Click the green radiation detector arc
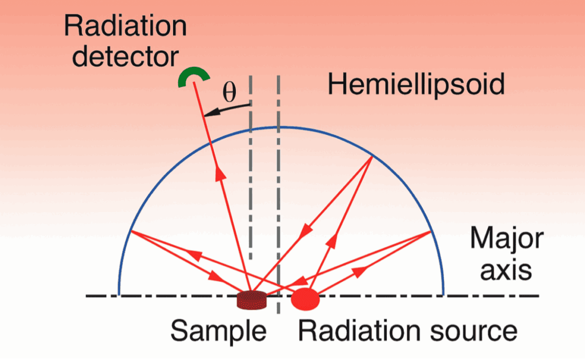pyautogui.click(x=194, y=71)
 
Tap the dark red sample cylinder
pyautogui.click(x=252, y=300)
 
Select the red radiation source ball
pyautogui.click(x=305, y=299)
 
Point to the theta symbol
pyautogui.click(x=230, y=92)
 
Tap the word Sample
pyautogui.click(x=218, y=331)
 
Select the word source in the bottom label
pyautogui.click(x=474, y=331)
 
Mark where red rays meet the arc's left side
pyautogui.click(x=131, y=231)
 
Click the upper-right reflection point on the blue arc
pyautogui.click(x=372, y=155)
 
